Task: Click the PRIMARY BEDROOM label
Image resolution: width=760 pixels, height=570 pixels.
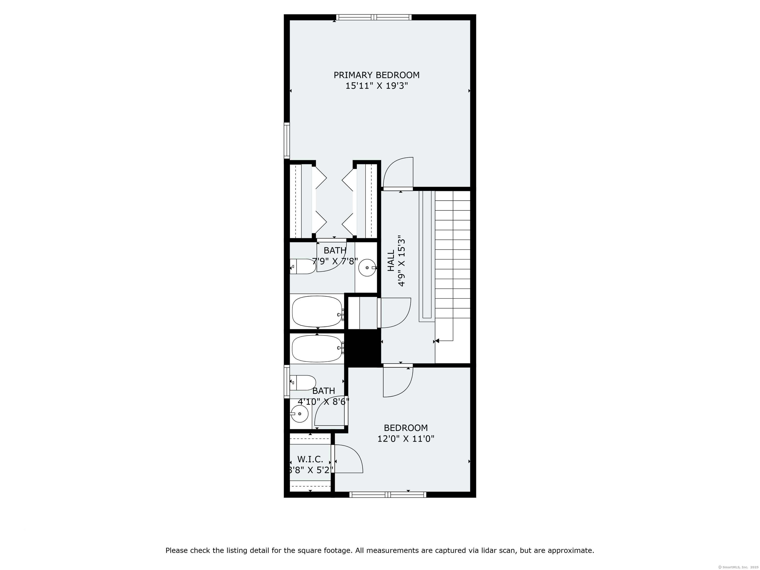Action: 377,75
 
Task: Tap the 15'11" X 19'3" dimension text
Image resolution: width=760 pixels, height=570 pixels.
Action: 377,86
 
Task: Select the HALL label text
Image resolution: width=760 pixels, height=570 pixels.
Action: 391,261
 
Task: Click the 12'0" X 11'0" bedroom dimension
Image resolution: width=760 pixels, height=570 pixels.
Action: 406,439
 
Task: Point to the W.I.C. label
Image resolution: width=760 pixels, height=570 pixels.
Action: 310,459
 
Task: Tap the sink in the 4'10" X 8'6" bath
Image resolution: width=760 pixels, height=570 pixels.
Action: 299,414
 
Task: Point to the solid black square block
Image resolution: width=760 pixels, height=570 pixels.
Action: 363,347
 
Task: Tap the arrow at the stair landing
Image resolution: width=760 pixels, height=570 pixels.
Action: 437,341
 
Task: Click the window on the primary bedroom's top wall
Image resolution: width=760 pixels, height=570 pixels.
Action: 374,17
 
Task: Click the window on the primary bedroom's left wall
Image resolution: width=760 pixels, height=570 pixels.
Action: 286,141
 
